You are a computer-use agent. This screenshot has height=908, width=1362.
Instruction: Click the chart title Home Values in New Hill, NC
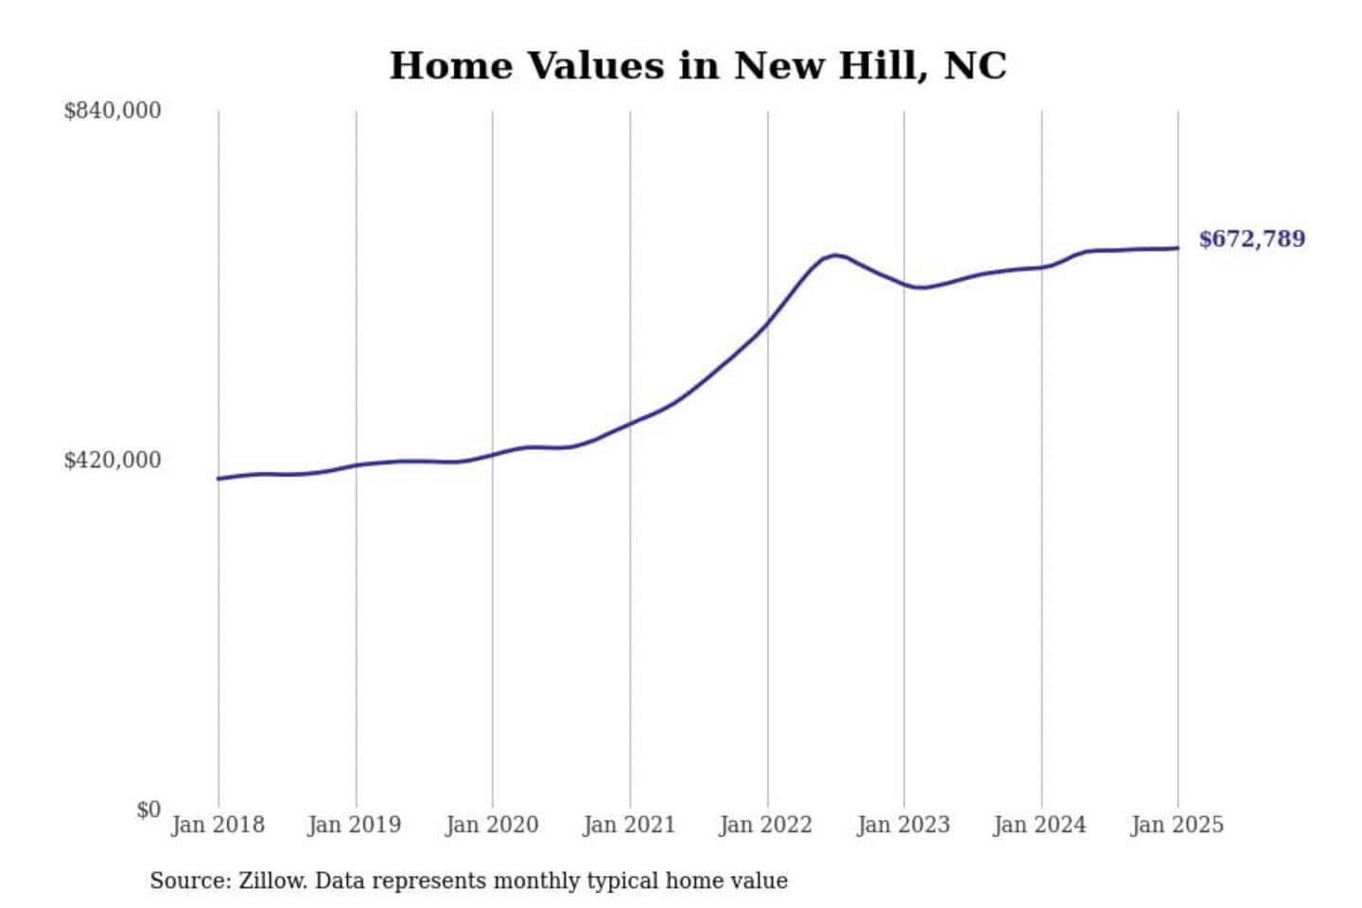(698, 66)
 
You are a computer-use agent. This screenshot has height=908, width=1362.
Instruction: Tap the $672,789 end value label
(1251, 239)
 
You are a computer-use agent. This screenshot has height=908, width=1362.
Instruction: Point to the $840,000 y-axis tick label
(112, 111)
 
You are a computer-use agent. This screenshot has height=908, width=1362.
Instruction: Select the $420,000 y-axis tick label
(112, 461)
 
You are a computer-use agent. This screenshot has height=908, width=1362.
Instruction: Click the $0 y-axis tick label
(148, 811)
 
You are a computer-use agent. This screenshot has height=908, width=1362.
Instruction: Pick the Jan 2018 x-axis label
(218, 825)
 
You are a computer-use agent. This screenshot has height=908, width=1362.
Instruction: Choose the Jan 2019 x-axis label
(354, 825)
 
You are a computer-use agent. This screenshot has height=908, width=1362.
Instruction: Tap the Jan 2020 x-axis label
(492, 825)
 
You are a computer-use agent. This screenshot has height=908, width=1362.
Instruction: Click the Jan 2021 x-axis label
(629, 825)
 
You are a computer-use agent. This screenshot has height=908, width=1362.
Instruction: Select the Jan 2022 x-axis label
(765, 825)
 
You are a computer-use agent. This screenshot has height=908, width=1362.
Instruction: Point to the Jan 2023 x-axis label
(903, 825)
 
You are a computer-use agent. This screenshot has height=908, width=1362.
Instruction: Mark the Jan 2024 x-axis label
(1039, 825)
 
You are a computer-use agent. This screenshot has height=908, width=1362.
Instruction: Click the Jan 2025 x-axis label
(1177, 825)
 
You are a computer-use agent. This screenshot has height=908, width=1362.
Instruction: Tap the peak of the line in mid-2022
(834, 255)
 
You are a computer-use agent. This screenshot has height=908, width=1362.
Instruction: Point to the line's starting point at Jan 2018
(218, 479)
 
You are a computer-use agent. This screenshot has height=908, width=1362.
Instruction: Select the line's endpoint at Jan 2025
(1178, 248)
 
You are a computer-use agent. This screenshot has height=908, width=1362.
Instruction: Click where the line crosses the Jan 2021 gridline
(630, 423)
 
